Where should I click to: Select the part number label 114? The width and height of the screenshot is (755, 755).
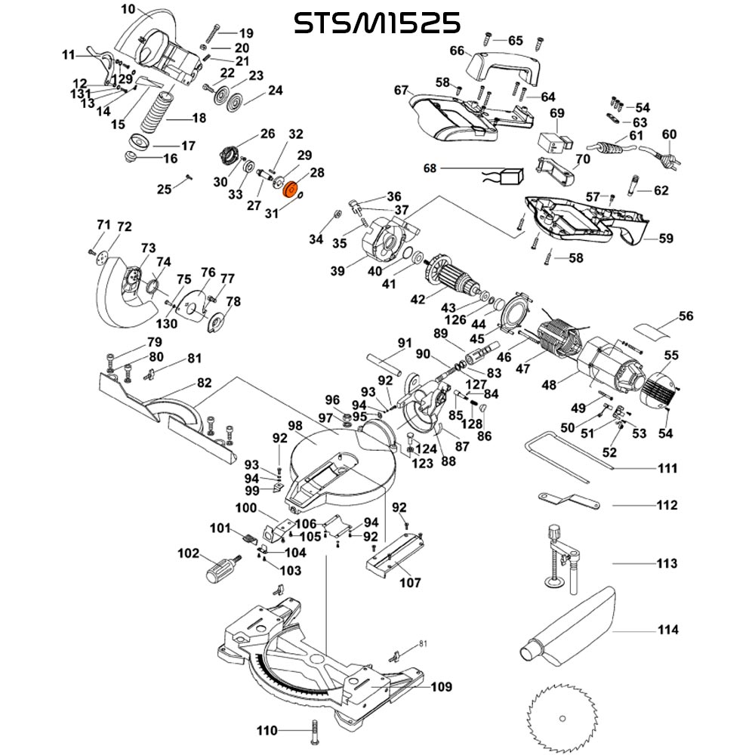tap(667, 630)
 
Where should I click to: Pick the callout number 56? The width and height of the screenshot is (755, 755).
tap(686, 316)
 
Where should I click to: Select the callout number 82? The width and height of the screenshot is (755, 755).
tap(204, 383)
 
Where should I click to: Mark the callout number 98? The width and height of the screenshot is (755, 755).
tap(294, 427)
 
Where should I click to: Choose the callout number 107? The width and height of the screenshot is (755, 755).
tap(410, 582)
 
